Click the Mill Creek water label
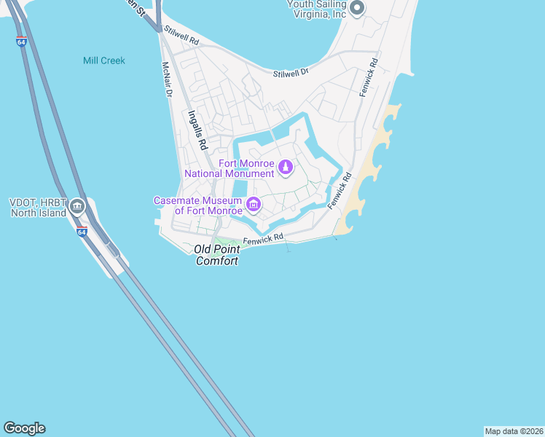point(104,60)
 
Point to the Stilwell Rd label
point(181,37)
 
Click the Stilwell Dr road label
point(291,74)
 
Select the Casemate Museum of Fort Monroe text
point(198,205)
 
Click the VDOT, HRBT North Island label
point(39,208)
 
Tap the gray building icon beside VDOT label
point(77,208)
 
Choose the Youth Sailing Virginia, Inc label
point(314,9)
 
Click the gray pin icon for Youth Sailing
point(356,9)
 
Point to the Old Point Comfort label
point(216,255)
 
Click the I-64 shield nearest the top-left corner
point(21,42)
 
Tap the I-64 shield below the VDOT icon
point(82,232)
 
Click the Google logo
point(24,428)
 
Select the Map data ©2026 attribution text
point(514,431)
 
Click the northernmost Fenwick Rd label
point(373,74)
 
